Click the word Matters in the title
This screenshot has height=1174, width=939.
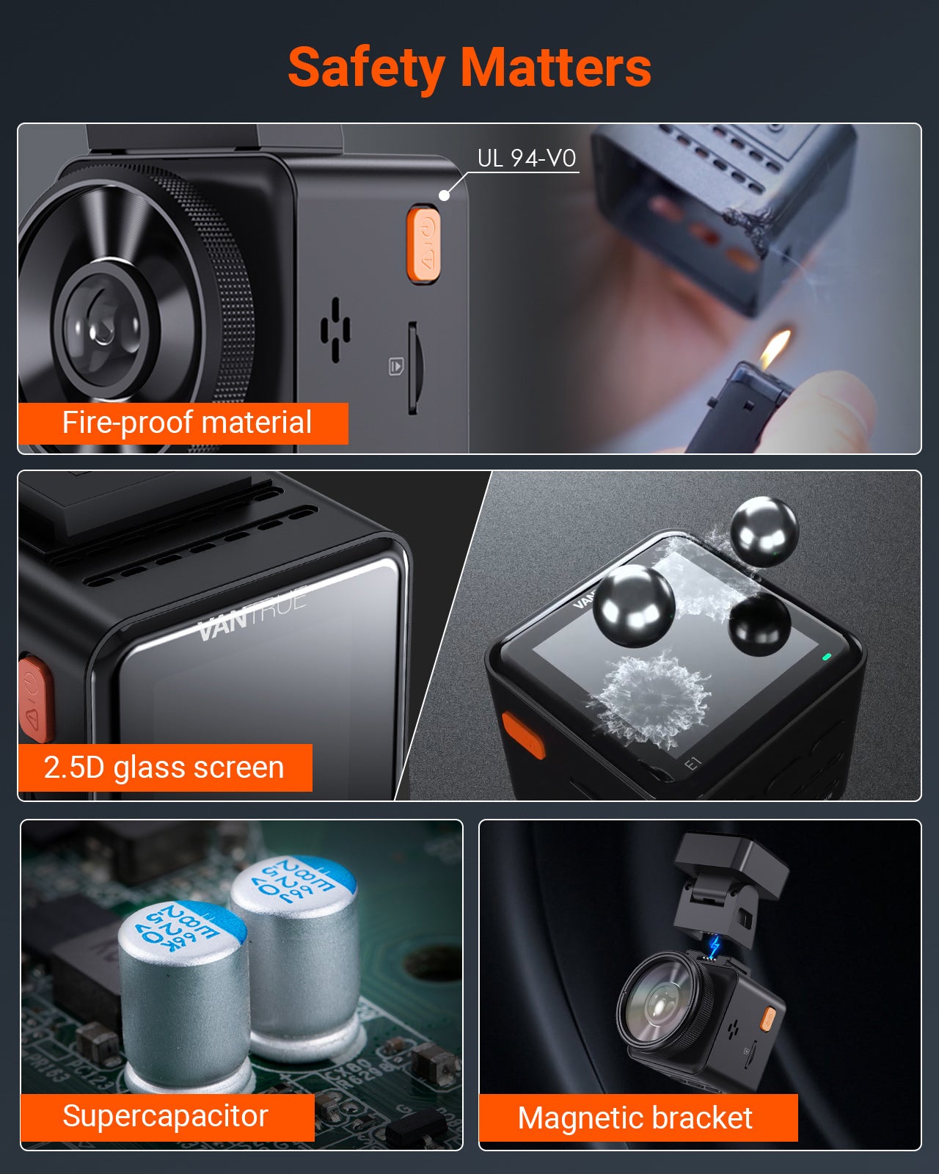[556, 68]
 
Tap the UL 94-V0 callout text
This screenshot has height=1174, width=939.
[526, 158]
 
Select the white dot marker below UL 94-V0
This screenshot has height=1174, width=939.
[444, 195]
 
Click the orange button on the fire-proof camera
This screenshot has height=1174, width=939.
[424, 244]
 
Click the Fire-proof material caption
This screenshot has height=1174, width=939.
[186, 423]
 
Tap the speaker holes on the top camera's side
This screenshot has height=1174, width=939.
[335, 329]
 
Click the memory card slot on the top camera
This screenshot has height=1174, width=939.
[413, 367]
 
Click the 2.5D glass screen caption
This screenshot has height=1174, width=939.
[164, 768]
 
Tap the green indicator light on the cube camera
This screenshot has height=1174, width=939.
[827, 657]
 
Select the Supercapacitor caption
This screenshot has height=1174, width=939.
[165, 1116]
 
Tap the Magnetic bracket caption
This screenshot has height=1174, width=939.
[635, 1118]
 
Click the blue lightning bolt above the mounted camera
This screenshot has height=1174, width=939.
[715, 947]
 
